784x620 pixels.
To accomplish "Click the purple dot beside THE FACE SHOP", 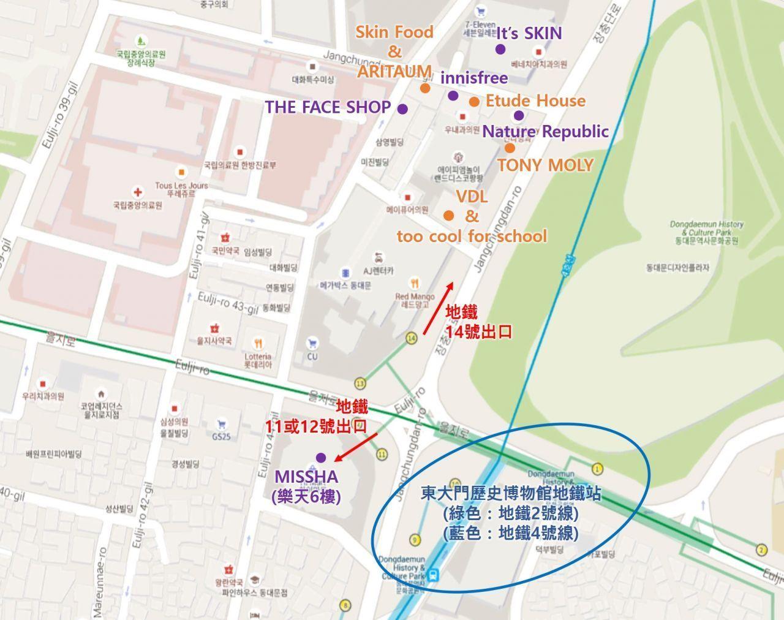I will pyautogui.click(x=402, y=108).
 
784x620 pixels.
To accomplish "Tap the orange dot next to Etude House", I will pyautogui.click(x=474, y=102).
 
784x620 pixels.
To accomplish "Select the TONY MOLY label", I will pyautogui.click(x=545, y=165).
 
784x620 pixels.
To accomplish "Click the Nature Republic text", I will pyautogui.click(x=545, y=132).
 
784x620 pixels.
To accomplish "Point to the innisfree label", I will pyautogui.click(x=473, y=78).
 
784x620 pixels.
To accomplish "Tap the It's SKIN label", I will pyautogui.click(x=529, y=33).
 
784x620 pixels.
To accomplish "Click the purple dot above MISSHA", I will pyautogui.click(x=320, y=458).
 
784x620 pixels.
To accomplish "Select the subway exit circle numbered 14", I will pyautogui.click(x=411, y=338).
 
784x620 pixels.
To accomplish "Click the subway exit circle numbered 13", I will pyautogui.click(x=360, y=383).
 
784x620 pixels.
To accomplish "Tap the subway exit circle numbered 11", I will pyautogui.click(x=382, y=454).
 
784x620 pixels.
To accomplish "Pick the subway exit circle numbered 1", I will pyautogui.click(x=598, y=469).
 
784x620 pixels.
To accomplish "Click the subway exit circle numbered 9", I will pyautogui.click(x=415, y=540).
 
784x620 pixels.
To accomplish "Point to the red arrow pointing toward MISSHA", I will pyautogui.click(x=356, y=445).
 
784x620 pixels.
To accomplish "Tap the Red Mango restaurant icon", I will pyautogui.click(x=415, y=283).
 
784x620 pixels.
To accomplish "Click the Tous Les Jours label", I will pyautogui.click(x=181, y=185).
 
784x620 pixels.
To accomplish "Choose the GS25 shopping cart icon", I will pyautogui.click(x=221, y=423).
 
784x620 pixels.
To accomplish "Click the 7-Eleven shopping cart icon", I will pyautogui.click(x=481, y=11).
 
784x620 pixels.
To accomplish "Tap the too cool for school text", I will pyautogui.click(x=472, y=236).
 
